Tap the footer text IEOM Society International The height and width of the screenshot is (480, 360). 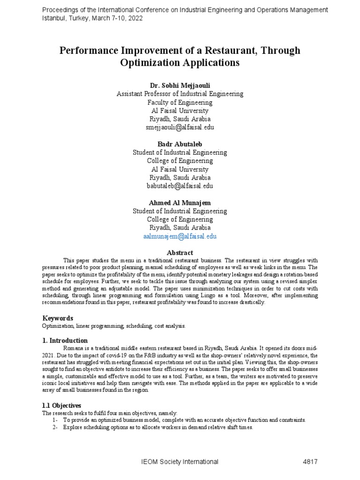(180, 462)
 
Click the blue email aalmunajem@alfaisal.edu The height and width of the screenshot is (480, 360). (180, 237)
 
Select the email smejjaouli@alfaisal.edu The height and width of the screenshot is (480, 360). (180, 127)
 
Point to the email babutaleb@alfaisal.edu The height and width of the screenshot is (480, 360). (180, 186)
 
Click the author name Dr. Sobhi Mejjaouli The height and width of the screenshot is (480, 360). (180, 85)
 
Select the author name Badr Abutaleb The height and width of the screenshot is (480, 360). (180, 144)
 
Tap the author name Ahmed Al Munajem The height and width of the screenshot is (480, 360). (180, 202)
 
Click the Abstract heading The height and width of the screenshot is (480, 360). (180, 253)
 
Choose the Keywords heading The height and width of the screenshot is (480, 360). (58, 318)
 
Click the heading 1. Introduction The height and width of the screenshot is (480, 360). (65, 340)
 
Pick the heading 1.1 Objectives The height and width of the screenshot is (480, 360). (62, 405)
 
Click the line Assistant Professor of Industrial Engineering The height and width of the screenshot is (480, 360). (180, 94)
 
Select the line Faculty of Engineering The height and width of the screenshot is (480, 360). (180, 102)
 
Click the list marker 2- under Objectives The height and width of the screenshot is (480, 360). (55, 427)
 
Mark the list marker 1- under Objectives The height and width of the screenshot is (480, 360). (55, 420)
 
